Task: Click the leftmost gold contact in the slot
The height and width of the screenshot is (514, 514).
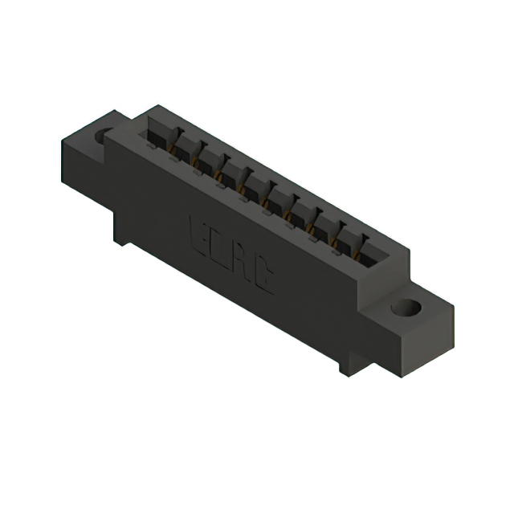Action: pyautogui.click(x=170, y=148)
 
